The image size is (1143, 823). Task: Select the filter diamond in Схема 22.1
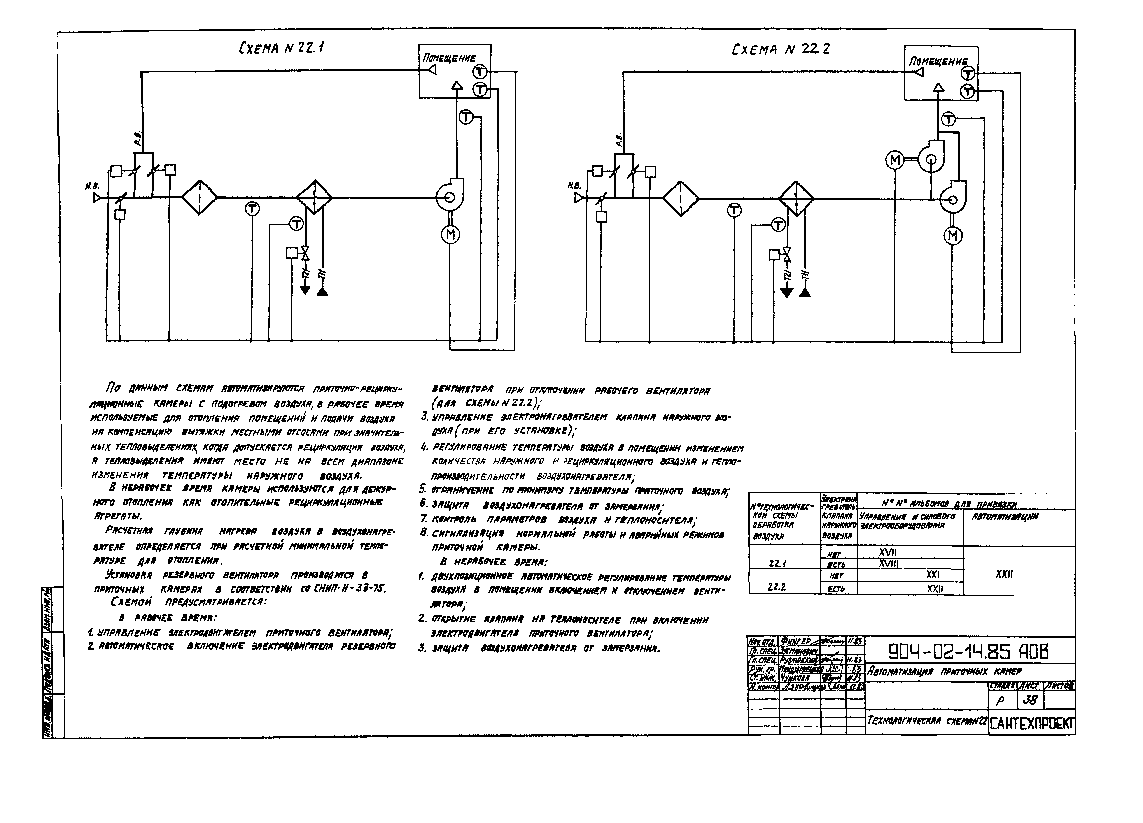pos(200,198)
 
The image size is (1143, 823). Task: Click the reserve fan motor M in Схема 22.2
pos(895,160)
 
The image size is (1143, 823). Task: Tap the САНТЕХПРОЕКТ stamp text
pos(1032,725)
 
